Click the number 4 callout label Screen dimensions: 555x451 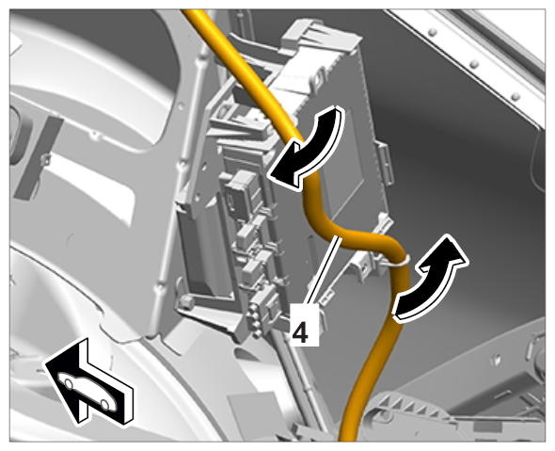[300, 332]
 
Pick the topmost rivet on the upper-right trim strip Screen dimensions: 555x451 [432, 33]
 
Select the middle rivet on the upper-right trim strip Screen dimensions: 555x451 [474, 64]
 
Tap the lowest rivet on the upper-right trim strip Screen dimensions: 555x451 [515, 96]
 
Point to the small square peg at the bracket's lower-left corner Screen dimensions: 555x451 [186, 301]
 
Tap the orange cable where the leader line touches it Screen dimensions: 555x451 [341, 236]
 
